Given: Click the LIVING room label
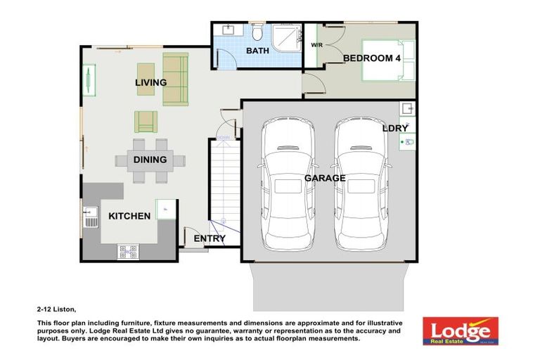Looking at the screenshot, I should coord(150,83).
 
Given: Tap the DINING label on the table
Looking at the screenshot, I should coord(150,160).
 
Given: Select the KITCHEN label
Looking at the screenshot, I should coord(129,216).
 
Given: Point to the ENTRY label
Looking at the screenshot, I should coord(210,239).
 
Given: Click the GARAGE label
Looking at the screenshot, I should coord(324,179).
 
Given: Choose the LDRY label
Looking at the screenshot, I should coord(395,129).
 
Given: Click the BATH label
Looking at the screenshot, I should coord(257,51).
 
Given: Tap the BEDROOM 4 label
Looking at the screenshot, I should coord(371,59).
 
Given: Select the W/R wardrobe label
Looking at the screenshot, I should coord(316,44).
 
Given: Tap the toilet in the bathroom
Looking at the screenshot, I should coord(258,32).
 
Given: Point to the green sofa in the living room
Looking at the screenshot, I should coord(176,79).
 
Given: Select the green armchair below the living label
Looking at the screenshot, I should coord(146,121).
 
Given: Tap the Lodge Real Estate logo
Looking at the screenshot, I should coord(460,330).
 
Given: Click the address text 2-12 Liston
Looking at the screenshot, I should coord(56,309).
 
